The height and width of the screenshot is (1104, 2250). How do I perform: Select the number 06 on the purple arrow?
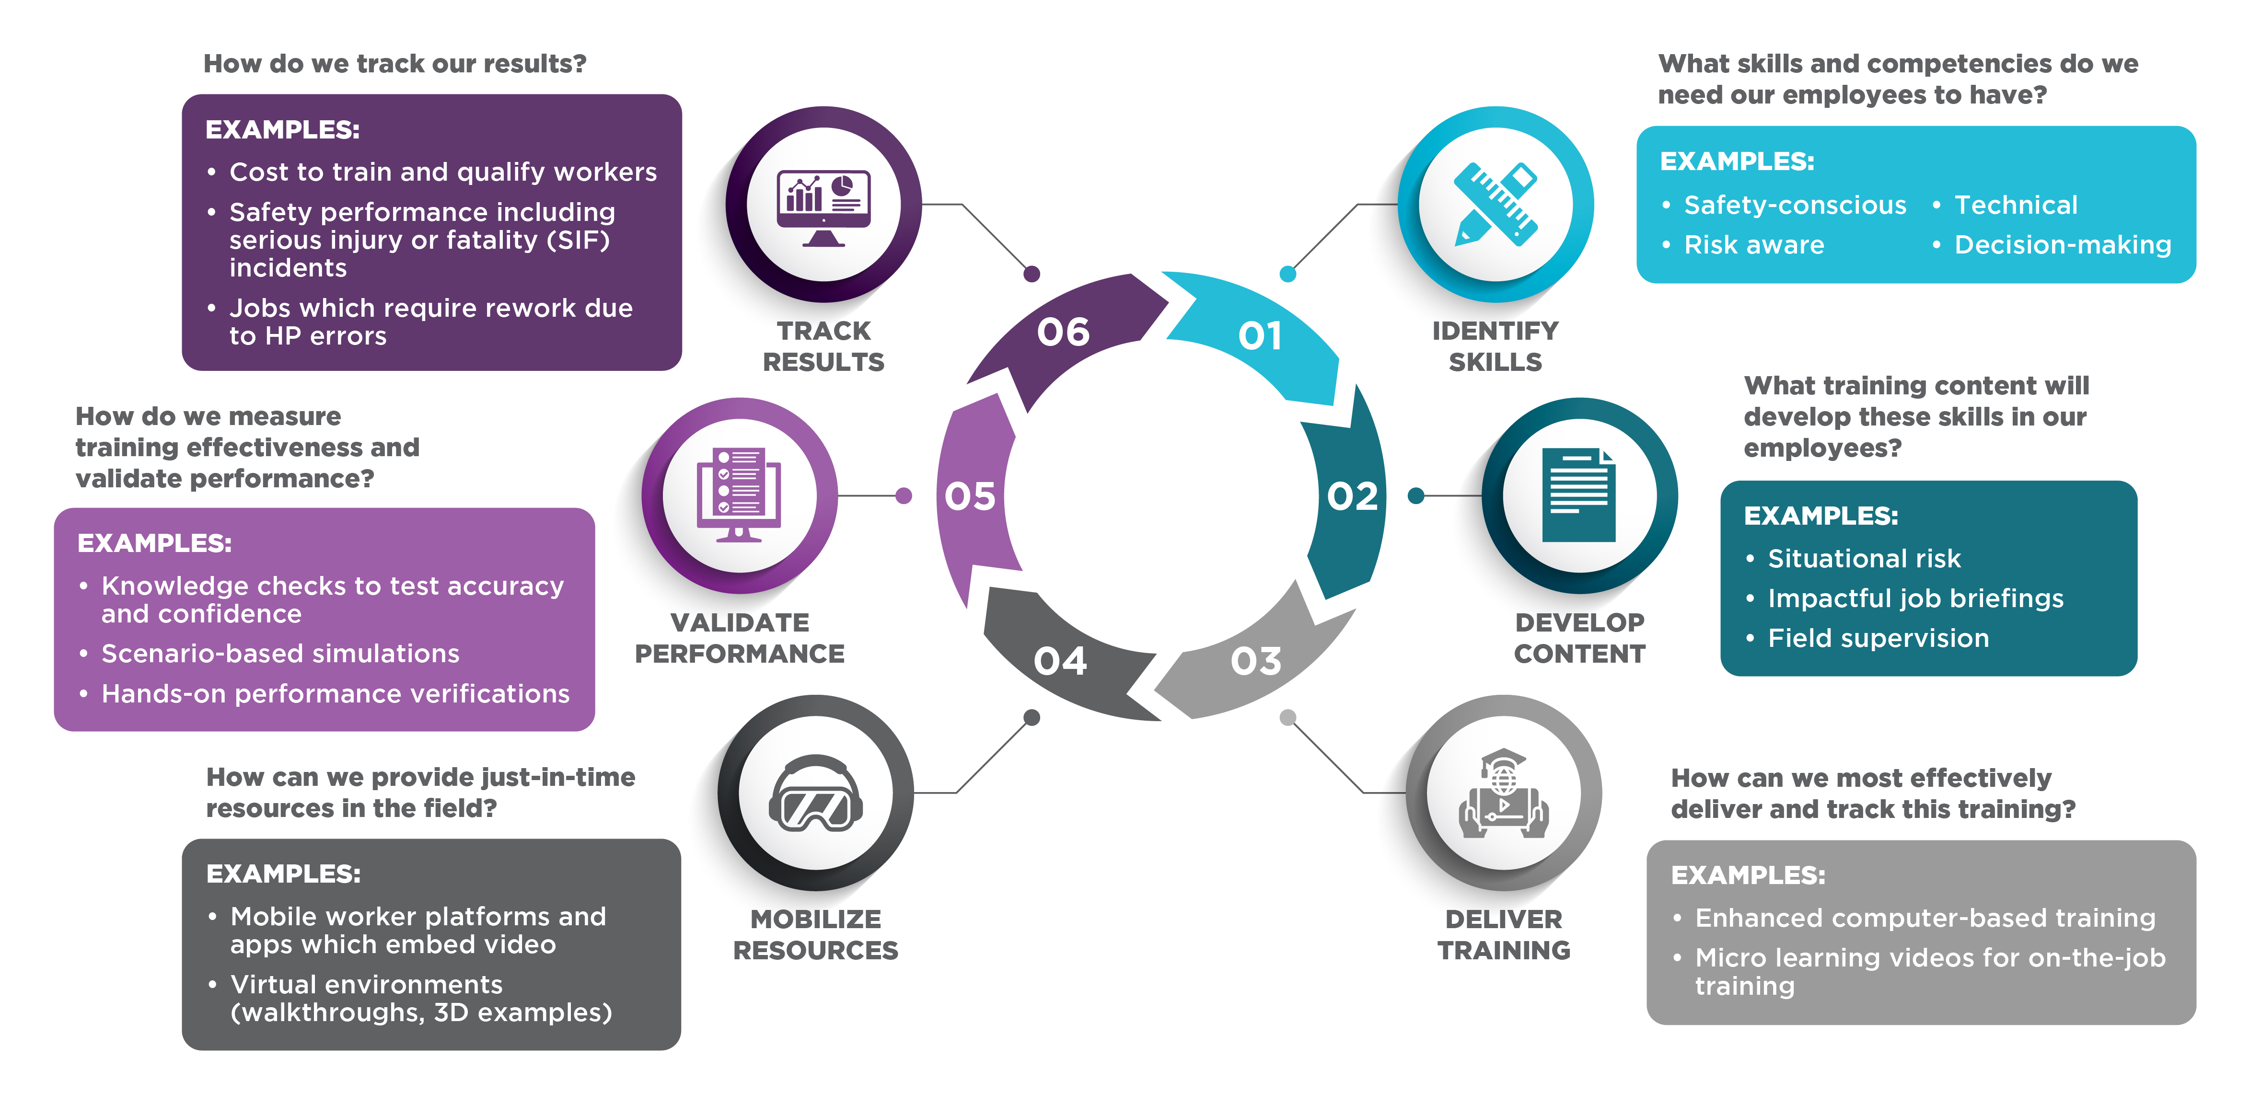pos(1063,332)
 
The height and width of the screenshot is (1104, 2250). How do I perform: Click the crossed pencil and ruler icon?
pos(1496,204)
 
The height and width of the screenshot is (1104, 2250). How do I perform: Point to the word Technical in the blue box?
pos(2015,205)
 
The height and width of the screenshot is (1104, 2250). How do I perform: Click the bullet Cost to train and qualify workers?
pos(443,172)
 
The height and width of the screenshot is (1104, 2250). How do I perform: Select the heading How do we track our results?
pos(395,64)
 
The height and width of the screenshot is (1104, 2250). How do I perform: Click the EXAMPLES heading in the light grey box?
pos(1748,874)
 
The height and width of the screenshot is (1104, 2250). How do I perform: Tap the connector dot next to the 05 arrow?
pos(904,496)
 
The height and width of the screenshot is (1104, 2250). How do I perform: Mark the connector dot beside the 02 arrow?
pos(1416,496)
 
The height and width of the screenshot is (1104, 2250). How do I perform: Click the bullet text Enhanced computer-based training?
pos(1925,918)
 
